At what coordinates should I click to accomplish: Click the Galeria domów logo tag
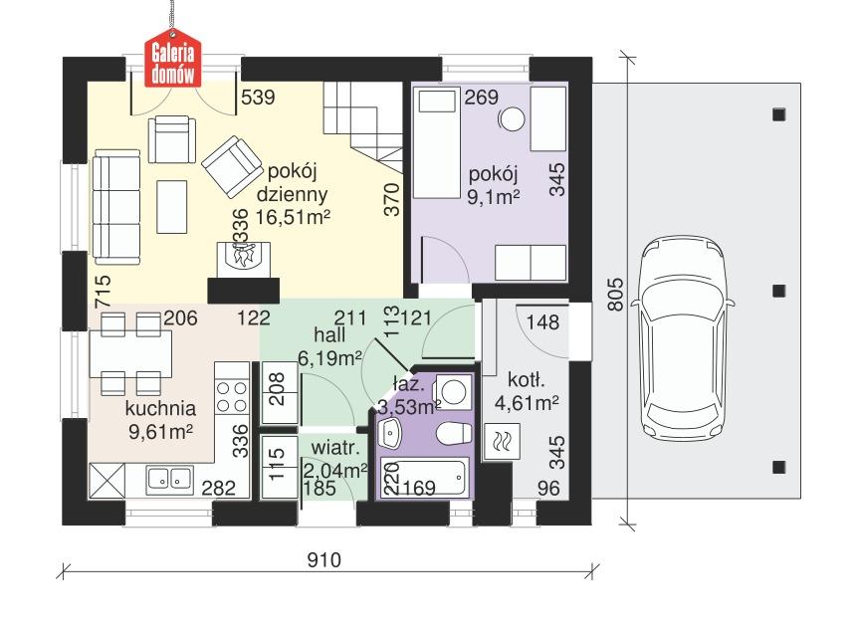coord(175,60)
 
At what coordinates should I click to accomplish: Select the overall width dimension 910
coord(323,560)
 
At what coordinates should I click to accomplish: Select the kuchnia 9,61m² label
coord(159,419)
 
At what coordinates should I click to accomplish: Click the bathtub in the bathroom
coord(423,481)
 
